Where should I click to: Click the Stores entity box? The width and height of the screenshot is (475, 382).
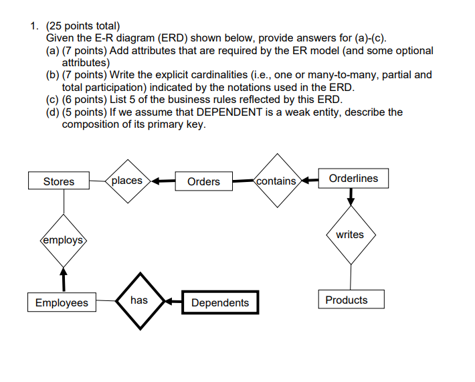click(59, 181)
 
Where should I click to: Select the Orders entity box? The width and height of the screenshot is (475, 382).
click(203, 181)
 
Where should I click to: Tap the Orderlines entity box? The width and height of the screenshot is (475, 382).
click(353, 179)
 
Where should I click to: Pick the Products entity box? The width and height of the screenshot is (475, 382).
click(347, 300)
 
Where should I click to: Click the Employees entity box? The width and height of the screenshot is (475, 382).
click(62, 303)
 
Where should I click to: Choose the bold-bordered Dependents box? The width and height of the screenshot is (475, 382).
click(219, 303)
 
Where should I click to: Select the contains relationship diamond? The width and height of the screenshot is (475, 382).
click(276, 181)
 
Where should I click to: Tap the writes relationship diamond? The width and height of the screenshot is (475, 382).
click(350, 235)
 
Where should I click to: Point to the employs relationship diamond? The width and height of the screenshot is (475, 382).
click(63, 240)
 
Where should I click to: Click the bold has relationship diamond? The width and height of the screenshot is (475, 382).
click(139, 301)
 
